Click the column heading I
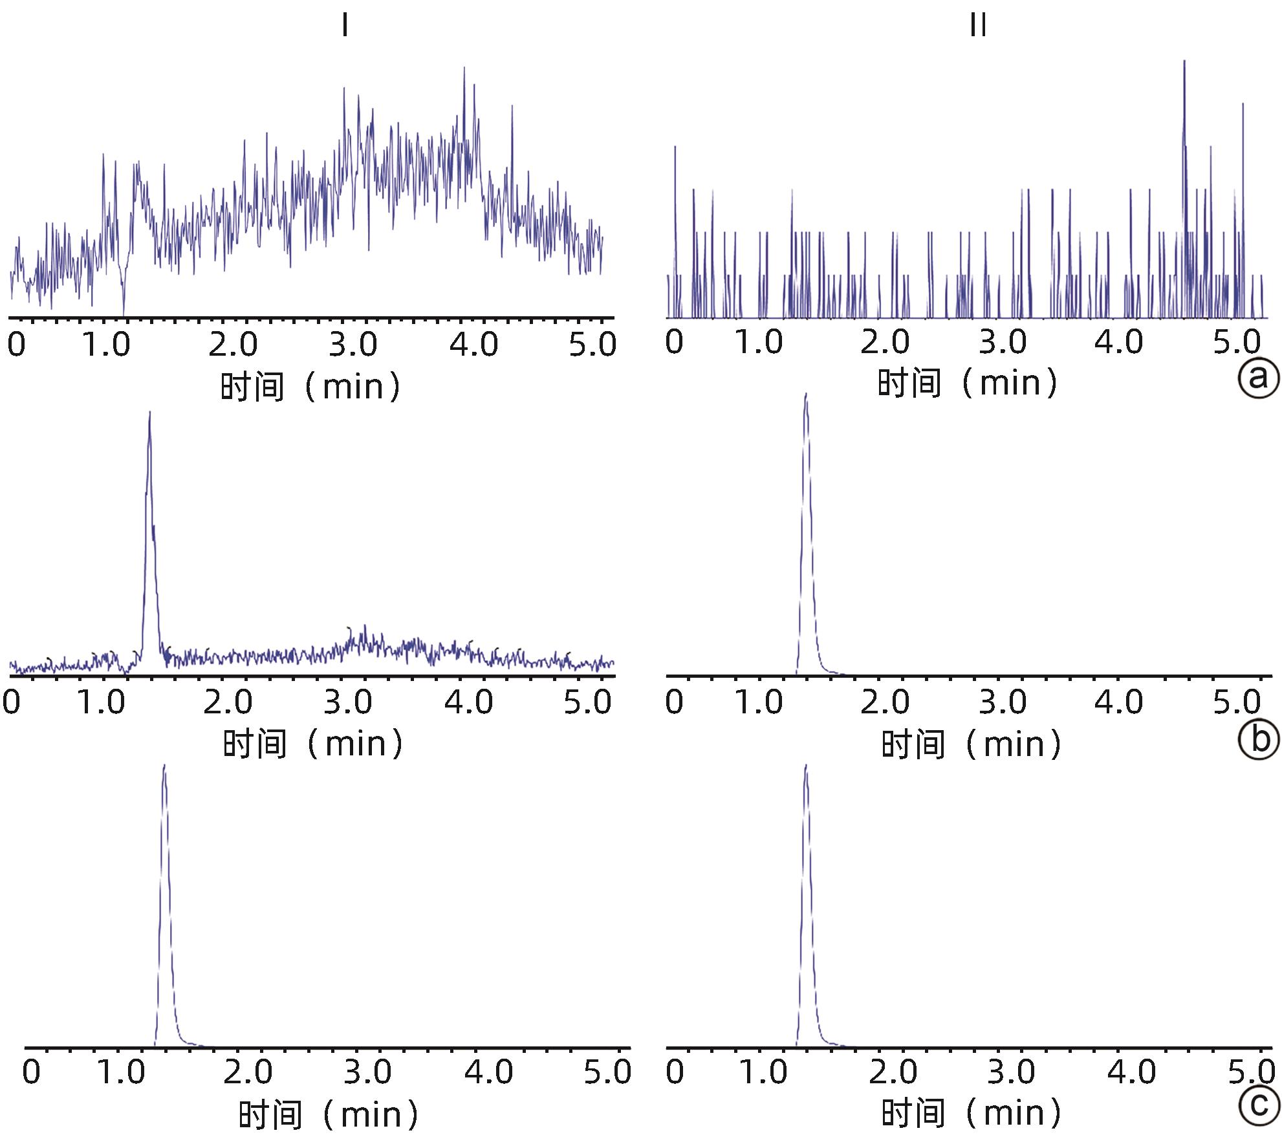click(x=345, y=27)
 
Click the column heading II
click(x=978, y=27)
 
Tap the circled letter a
click(x=1258, y=377)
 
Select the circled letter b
click(x=1258, y=739)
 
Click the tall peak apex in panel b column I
click(x=150, y=413)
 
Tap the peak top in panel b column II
click(x=805, y=394)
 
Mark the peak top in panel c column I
click(x=164, y=766)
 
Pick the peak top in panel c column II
click(x=806, y=766)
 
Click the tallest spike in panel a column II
click(x=1184, y=61)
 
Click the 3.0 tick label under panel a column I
click(x=353, y=344)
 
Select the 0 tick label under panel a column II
click(x=674, y=341)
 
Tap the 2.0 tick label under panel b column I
click(x=228, y=702)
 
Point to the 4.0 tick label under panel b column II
click(x=1119, y=702)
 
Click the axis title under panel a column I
click(x=310, y=387)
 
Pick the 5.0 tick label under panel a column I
click(x=592, y=344)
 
